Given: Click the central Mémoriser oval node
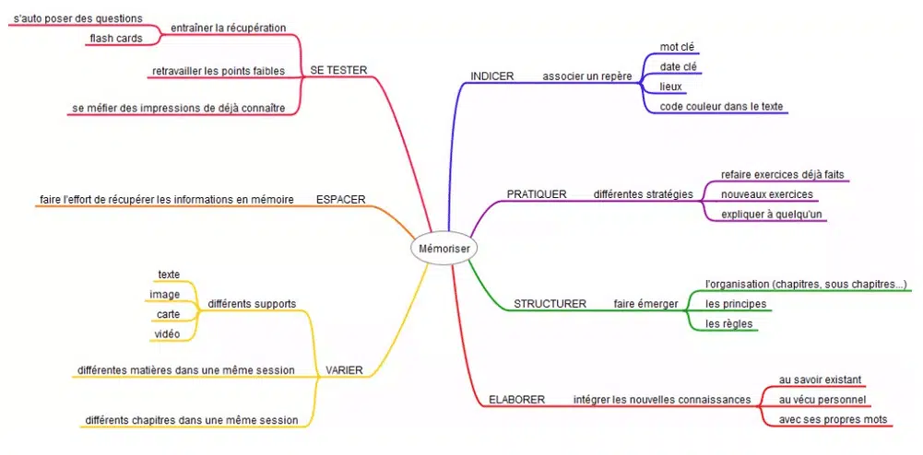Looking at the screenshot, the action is coord(444,249).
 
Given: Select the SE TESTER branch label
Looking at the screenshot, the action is coord(338,70).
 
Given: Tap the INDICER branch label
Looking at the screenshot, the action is coord(492,76).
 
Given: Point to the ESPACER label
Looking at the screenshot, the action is coord(341,199).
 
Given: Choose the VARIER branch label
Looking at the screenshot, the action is coord(344,370).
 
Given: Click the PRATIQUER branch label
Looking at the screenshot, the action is coord(537,193).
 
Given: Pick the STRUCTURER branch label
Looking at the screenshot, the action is coord(550,304).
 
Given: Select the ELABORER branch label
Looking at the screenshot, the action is coord(517,400).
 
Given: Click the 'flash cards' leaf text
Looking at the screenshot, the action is coord(116,39).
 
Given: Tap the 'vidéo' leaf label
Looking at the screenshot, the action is coord(168,334).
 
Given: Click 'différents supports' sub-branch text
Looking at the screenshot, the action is coord(252,304).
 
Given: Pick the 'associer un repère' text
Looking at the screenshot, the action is coord(586,76).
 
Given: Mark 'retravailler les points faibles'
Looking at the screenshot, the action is coord(219,71).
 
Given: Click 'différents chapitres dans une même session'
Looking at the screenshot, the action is coord(191,420).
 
